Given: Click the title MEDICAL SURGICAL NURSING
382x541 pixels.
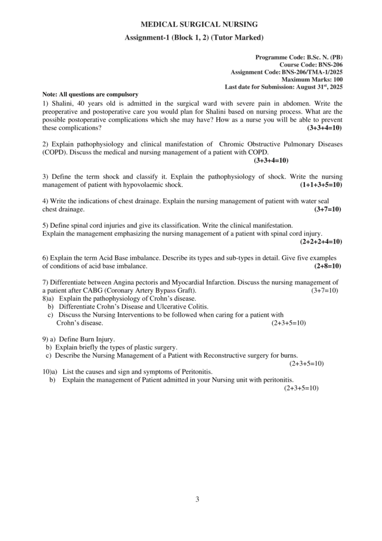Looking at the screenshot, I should [192, 24].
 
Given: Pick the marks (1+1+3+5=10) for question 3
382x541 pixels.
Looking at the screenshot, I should [321, 185].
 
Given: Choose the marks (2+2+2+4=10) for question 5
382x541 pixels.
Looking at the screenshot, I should [321, 241].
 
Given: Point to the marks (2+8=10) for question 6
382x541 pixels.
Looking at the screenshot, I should [328, 266].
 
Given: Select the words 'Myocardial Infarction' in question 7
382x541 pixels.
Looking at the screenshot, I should [199, 283].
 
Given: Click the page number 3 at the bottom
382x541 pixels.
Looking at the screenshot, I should [197, 499].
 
